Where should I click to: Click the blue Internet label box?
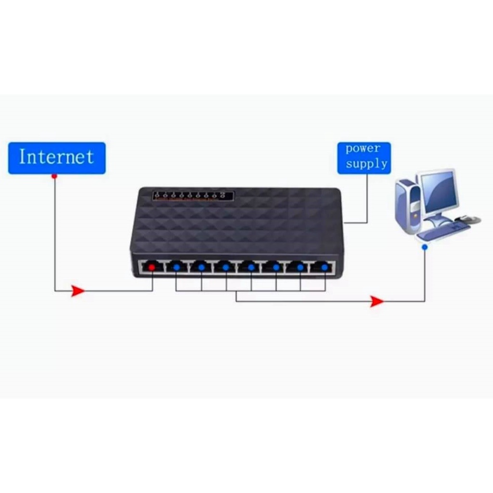pos(57,157)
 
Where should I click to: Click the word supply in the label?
pos(366,164)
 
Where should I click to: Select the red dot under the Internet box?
pos(54,177)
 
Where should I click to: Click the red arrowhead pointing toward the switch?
pos(78,290)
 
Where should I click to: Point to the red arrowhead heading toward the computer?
pos(377,301)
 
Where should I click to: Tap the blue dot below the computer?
pos(424,247)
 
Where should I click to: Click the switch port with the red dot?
pos(152,267)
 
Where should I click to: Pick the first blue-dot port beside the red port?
pos(177,267)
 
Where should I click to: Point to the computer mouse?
pos(469,219)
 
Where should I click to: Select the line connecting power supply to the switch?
pos(367,202)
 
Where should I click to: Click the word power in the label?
pos(363,149)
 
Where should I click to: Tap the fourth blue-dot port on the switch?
pos(250,267)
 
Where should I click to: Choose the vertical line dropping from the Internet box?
pos(54,231)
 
